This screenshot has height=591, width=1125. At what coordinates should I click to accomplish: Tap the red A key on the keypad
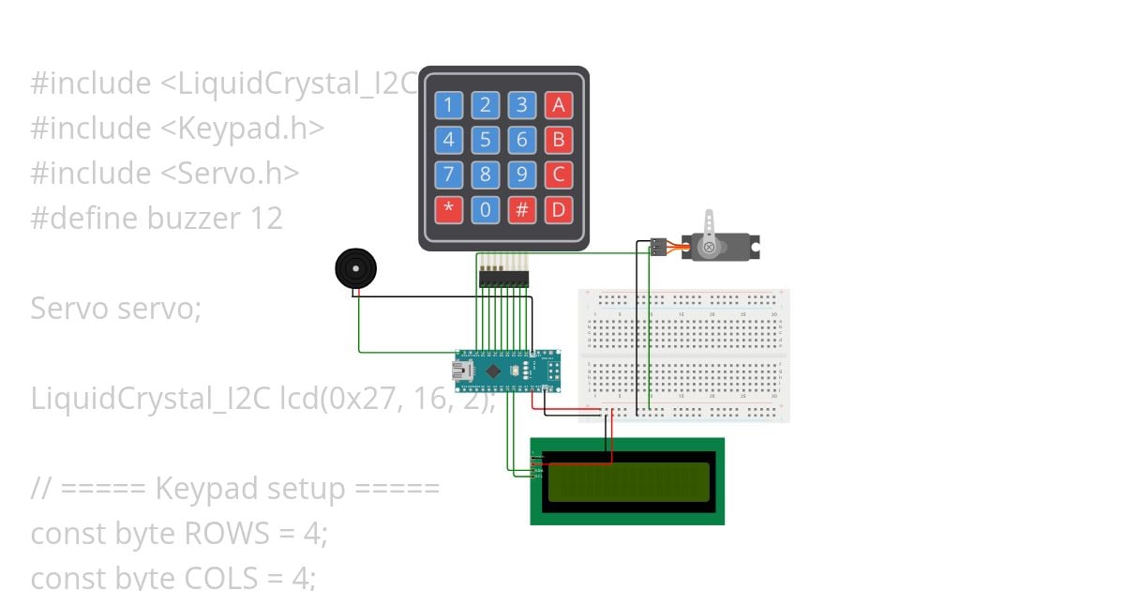(559, 104)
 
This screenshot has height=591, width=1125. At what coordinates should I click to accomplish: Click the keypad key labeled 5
(485, 140)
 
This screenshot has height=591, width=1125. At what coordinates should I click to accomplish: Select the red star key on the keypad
(448, 209)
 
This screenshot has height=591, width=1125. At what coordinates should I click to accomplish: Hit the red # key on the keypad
(521, 209)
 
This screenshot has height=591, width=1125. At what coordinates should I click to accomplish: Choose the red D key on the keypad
(559, 209)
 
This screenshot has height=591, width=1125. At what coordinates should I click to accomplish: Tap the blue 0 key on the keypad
(485, 209)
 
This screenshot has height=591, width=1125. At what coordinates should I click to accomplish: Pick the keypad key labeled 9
(521, 174)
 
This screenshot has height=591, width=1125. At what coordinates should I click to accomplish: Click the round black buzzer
(356, 269)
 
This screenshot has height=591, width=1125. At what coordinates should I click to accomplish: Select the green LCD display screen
(628, 481)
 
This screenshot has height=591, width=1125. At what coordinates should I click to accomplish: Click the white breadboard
(684, 356)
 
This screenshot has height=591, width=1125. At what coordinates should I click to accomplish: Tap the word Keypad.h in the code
(251, 129)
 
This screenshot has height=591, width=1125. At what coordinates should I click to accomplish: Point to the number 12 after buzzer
(266, 219)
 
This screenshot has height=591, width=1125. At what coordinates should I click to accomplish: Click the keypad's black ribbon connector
(503, 278)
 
